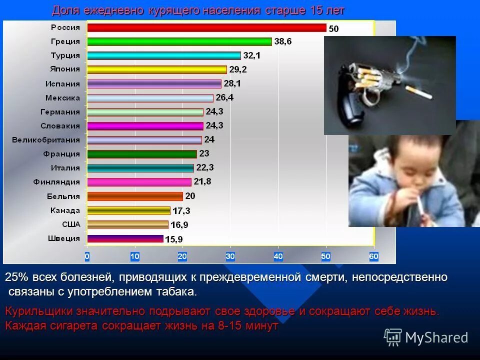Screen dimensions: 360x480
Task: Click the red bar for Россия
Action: click(x=206, y=27)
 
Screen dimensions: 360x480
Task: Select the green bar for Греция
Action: click(x=179, y=41)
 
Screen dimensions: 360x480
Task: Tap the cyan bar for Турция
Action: click(x=163, y=55)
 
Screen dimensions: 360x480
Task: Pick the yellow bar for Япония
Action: click(x=156, y=69)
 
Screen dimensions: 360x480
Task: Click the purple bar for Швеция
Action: click(x=125, y=238)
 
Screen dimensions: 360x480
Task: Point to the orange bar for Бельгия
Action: click(x=135, y=196)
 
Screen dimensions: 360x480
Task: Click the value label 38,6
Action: click(x=282, y=41)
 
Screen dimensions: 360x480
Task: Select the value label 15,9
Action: click(x=173, y=239)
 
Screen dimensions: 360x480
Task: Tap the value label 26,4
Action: click(x=224, y=97)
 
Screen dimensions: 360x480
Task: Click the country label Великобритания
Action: click(x=46, y=140)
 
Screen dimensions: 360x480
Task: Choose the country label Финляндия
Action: click(x=56, y=182)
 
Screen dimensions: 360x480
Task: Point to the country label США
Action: click(x=70, y=224)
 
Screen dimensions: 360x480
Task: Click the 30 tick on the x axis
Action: click(x=230, y=256)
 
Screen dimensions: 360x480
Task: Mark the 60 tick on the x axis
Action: click(x=373, y=256)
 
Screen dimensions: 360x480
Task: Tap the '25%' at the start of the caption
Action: click(x=15, y=277)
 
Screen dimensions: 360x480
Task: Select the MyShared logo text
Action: click(x=436, y=338)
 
